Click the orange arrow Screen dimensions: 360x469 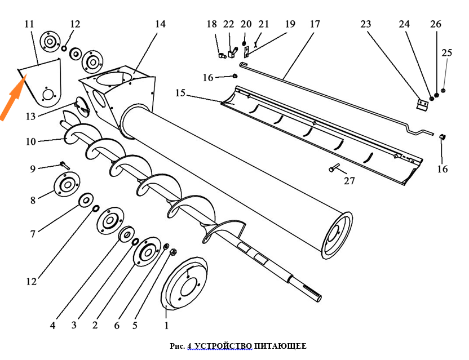pyautogui.click(x=11, y=99)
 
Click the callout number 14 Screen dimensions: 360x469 pyautogui.click(x=161, y=24)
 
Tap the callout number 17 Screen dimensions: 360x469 pyautogui.click(x=315, y=24)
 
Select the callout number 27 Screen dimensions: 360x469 pyautogui.click(x=349, y=181)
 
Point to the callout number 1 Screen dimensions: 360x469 pyautogui.click(x=166, y=325)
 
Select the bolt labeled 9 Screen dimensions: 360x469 pyautogui.click(x=63, y=165)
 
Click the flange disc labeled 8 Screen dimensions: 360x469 pyautogui.click(x=66, y=185)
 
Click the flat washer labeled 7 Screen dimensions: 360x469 pyautogui.click(x=87, y=200)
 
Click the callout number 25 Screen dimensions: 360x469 pyautogui.click(x=447, y=53)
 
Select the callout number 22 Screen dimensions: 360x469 pyautogui.click(x=228, y=24)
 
